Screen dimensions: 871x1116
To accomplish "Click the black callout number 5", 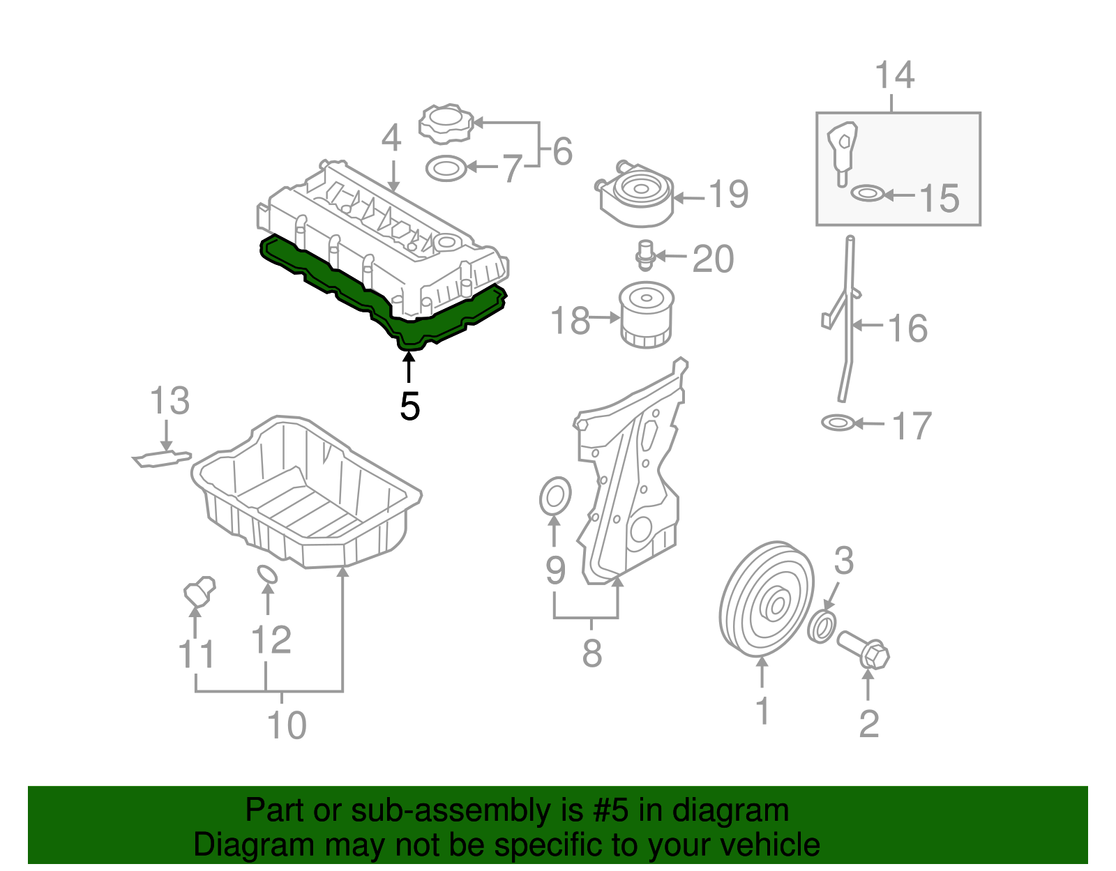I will click(x=409, y=407).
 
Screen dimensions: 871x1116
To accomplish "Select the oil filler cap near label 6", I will click(x=445, y=123).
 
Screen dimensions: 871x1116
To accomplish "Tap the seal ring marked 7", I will click(x=446, y=168).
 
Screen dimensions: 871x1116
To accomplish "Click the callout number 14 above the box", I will click(x=893, y=75).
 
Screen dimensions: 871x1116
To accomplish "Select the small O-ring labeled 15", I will click(x=867, y=192).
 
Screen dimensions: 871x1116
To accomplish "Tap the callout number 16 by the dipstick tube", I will click(x=907, y=328).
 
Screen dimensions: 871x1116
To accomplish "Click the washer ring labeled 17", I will click(x=837, y=422).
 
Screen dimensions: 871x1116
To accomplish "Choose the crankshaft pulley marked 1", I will click(x=766, y=600).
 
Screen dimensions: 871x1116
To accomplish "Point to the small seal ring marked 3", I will click(x=822, y=626).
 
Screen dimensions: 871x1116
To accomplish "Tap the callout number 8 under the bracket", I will click(x=591, y=654).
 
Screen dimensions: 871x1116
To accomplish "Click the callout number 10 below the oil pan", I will click(x=287, y=725).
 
